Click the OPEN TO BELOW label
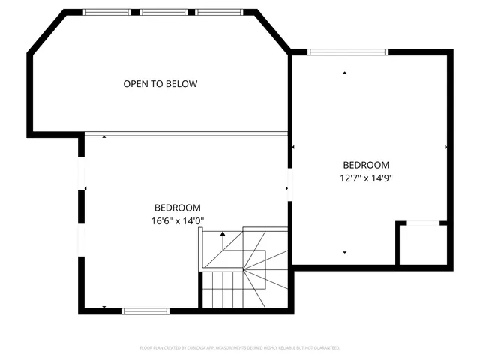pyautogui.click(x=160, y=84)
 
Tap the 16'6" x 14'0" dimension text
pyautogui.click(x=178, y=220)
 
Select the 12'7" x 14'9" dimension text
pyautogui.click(x=367, y=178)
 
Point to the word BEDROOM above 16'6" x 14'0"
pyautogui.click(x=178, y=208)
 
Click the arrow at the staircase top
pyautogui.click(x=223, y=235)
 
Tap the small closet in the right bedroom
pyautogui.click(x=423, y=245)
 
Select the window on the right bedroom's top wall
pyautogui.click(x=348, y=52)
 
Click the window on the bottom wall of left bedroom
pyautogui.click(x=145, y=310)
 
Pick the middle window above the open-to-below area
pyautogui.click(x=163, y=12)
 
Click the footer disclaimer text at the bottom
pyautogui.click(x=240, y=348)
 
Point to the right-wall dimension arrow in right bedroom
pyautogui.click(x=446, y=147)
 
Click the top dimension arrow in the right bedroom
pyautogui.click(x=345, y=73)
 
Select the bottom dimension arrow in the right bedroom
pyautogui.click(x=345, y=253)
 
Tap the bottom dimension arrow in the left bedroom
pyautogui.click(x=103, y=307)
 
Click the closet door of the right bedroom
pyautogui.click(x=422, y=223)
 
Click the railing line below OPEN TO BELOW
pyautogui.click(x=186, y=133)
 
